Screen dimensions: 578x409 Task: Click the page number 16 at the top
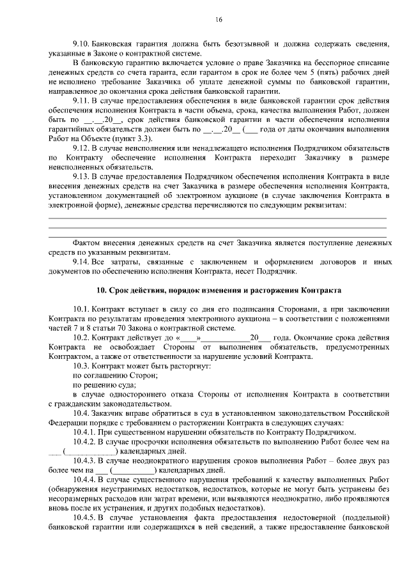coord(219,20)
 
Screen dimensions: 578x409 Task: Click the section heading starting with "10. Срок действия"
coord(219,291)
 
